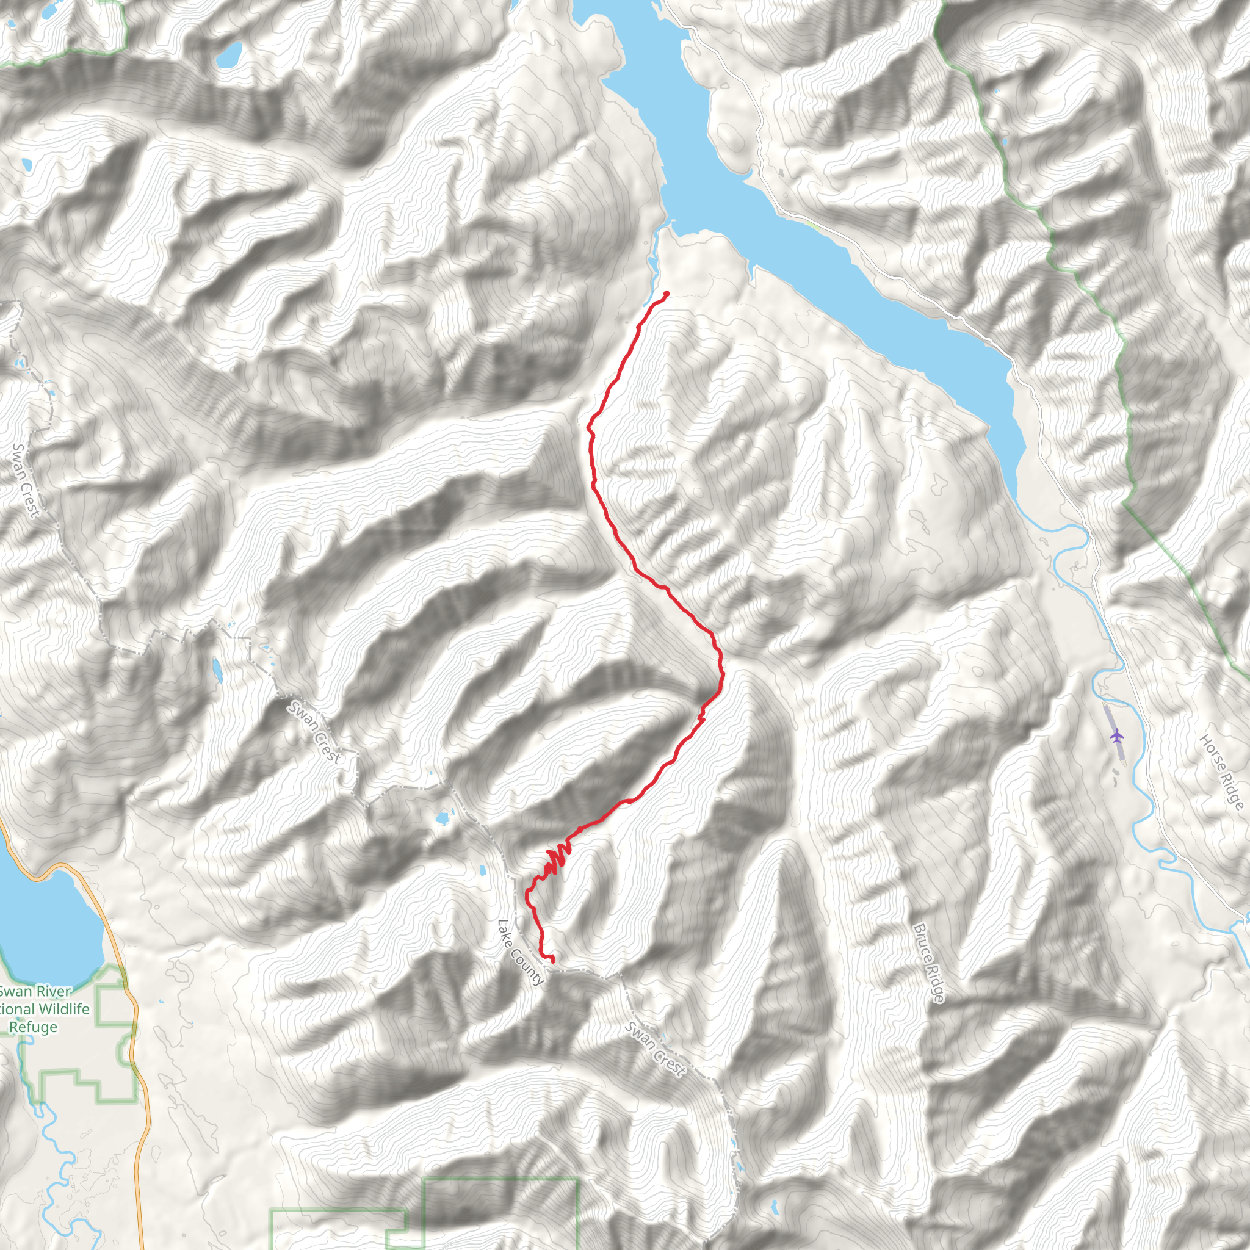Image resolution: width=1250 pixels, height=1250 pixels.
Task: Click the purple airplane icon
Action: click(x=1116, y=735)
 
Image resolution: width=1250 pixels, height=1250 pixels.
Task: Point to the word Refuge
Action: click(x=33, y=1027)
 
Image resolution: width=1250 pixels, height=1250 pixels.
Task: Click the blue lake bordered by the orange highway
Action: click(x=45, y=925)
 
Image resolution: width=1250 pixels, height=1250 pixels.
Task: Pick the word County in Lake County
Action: click(x=529, y=968)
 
